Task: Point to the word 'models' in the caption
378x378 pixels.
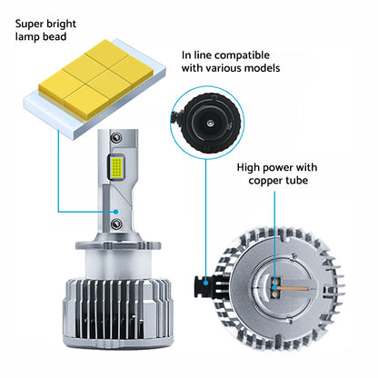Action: (x=262, y=68)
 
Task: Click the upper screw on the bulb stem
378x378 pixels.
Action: (x=115, y=137)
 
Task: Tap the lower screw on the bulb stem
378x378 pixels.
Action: (x=116, y=224)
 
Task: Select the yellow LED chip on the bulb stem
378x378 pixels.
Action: (x=116, y=166)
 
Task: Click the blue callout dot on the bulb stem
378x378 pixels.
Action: (x=116, y=212)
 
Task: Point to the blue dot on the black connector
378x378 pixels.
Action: (x=206, y=283)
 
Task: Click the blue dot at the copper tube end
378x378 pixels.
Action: (x=274, y=287)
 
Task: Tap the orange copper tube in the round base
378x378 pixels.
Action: (x=292, y=288)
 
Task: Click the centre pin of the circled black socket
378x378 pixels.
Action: (x=210, y=123)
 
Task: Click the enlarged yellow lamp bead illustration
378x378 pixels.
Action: (x=94, y=90)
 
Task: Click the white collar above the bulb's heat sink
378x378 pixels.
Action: (x=117, y=265)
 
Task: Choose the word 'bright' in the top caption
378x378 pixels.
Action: (x=61, y=24)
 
